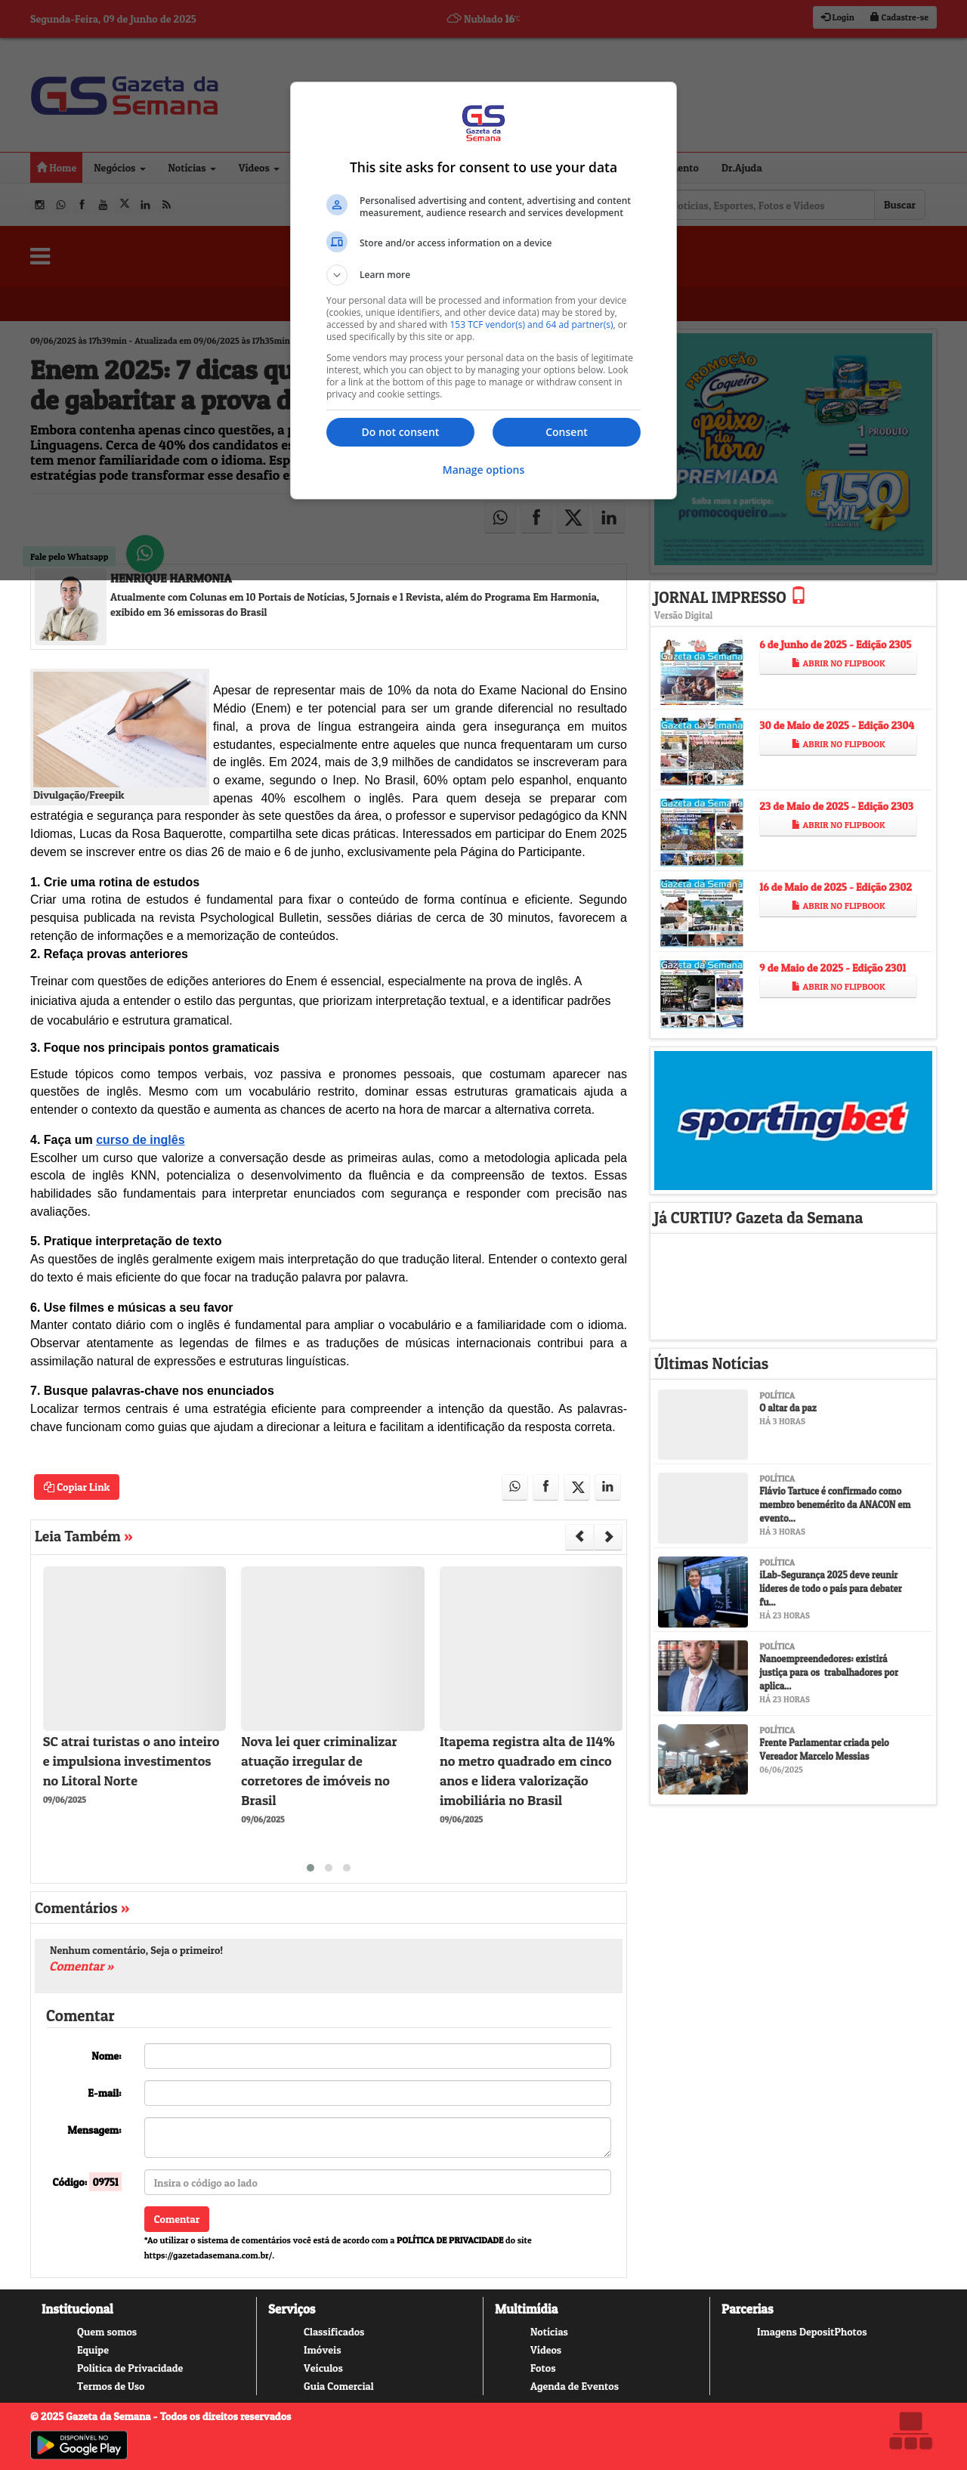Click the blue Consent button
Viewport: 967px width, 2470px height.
565,432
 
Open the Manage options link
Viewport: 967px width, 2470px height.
483,470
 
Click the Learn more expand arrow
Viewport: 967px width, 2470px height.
336,275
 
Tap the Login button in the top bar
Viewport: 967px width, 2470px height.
838,17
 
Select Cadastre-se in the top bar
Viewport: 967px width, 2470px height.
899,17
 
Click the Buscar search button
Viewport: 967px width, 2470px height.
898,206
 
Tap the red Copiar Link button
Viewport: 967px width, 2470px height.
76,1487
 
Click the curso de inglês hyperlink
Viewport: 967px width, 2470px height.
140,1140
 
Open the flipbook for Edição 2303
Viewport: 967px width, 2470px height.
838,826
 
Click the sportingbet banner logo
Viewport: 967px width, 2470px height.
792,1120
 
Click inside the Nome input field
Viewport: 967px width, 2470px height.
377,2056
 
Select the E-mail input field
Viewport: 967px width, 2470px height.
377,2093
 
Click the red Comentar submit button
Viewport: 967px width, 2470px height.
176,2219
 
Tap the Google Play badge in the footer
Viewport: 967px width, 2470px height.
79,2445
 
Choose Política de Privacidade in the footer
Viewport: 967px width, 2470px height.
129,2368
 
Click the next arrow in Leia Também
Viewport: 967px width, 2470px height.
609,1537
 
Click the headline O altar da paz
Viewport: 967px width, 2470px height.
788,1408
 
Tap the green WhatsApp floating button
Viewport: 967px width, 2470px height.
145,553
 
